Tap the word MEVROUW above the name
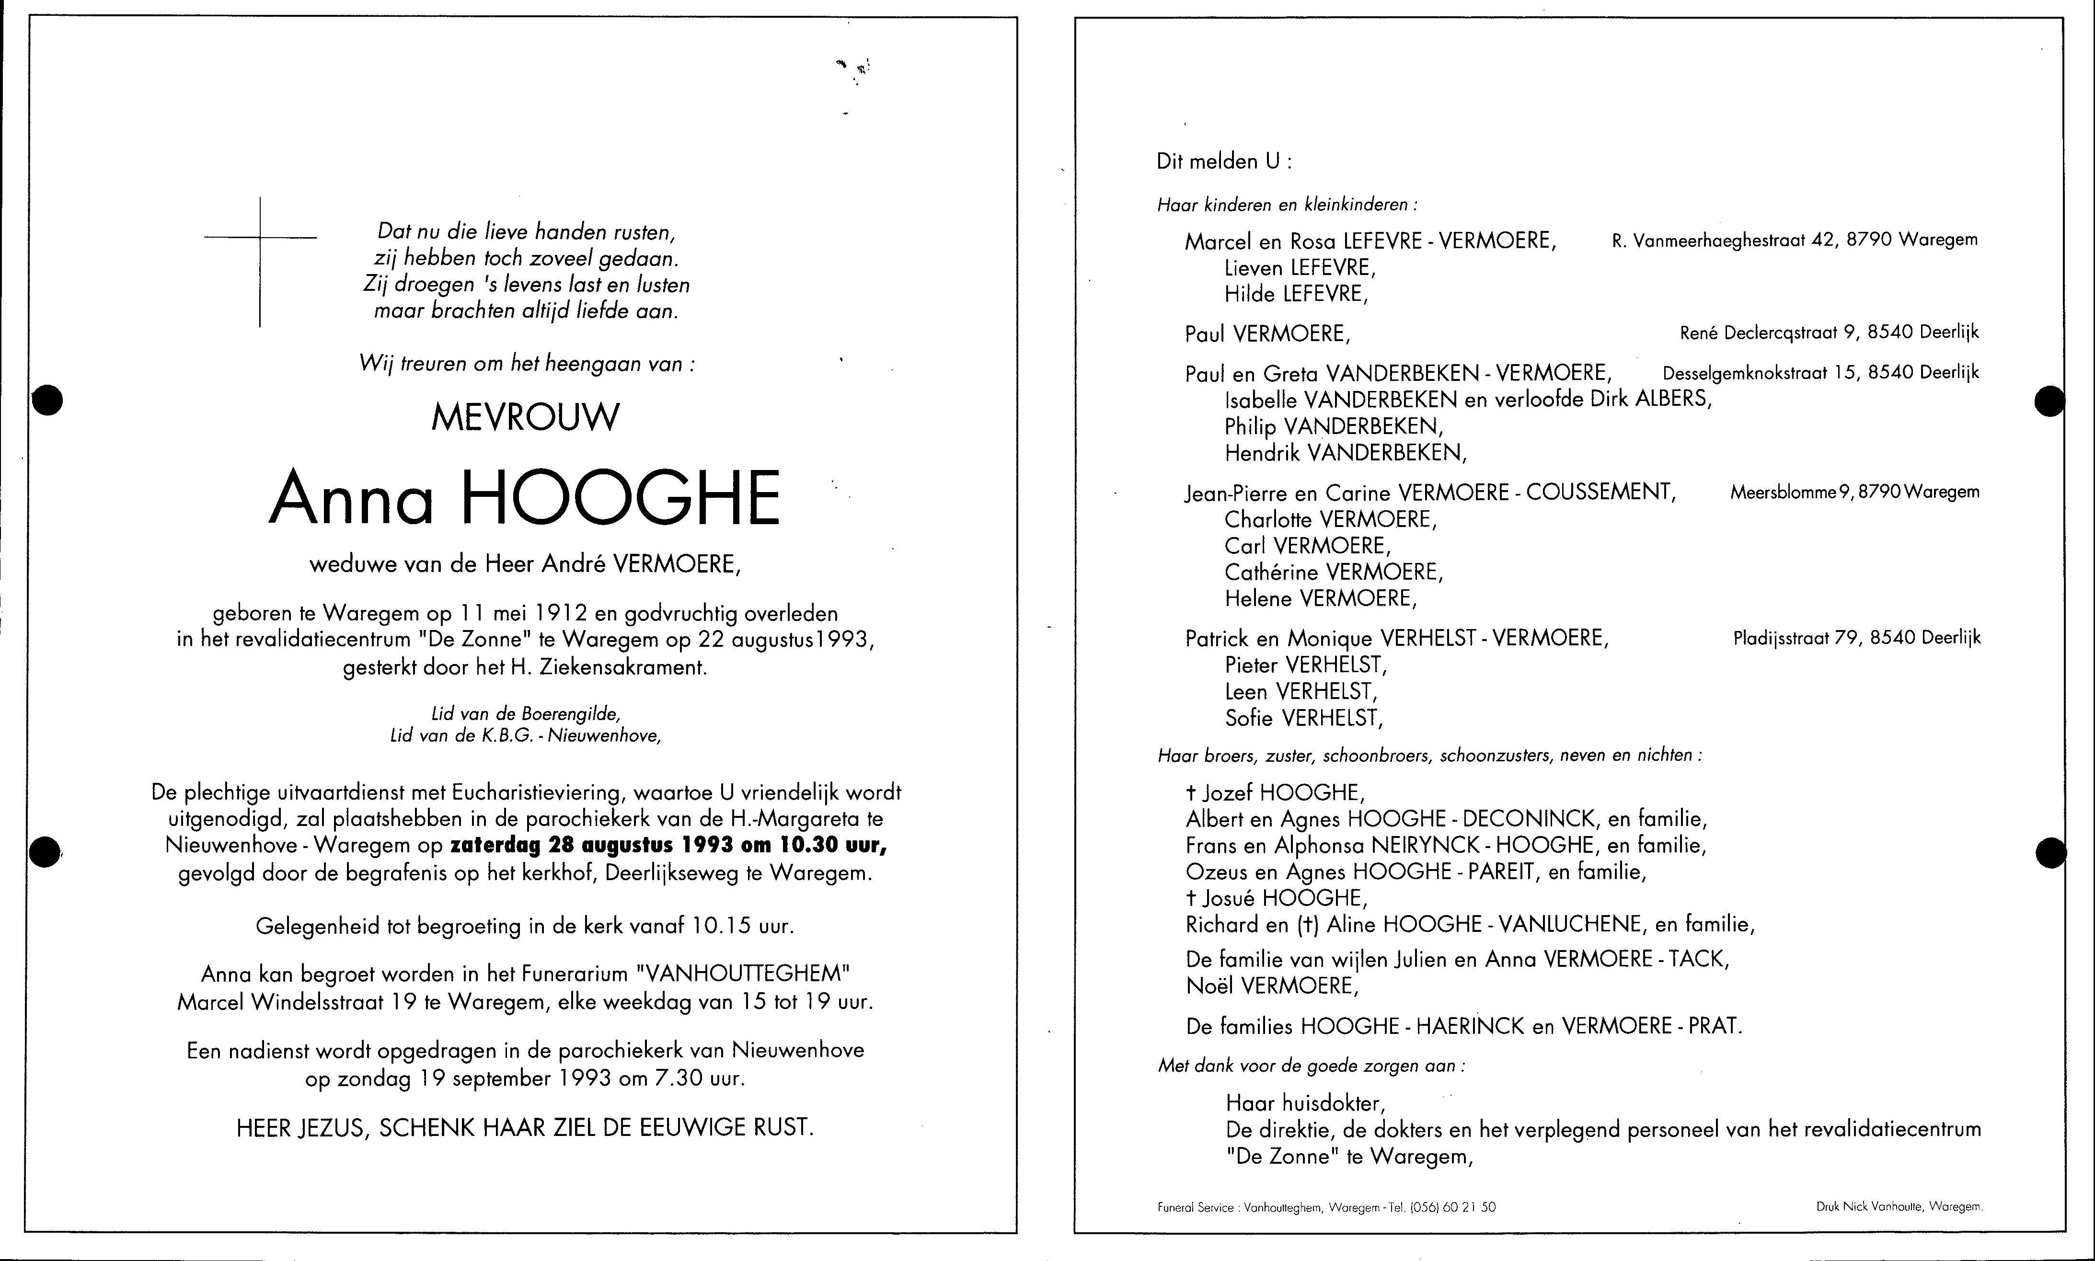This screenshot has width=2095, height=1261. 525,417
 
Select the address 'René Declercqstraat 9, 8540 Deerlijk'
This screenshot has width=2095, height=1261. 1829,333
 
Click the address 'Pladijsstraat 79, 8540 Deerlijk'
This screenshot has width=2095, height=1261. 1856,637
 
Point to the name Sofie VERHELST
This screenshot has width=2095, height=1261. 1303,719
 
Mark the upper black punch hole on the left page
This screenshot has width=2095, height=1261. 47,400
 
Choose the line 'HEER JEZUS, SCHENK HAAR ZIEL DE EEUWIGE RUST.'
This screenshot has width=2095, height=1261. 524,1128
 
